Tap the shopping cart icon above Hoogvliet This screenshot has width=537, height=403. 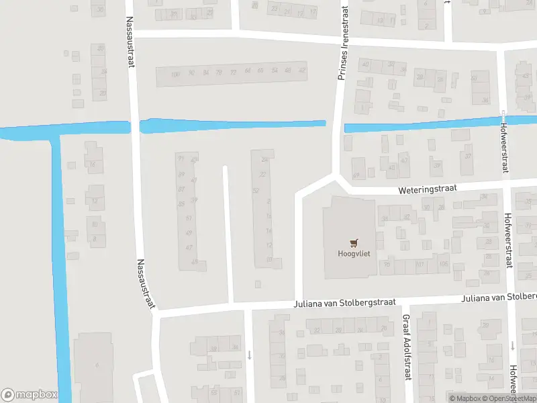(353, 242)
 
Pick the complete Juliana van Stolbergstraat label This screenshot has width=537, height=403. (344, 303)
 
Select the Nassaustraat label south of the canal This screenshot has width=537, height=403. (146, 284)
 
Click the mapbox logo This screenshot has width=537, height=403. (29, 395)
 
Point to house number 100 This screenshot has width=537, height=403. (176, 73)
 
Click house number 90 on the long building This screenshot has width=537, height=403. (191, 73)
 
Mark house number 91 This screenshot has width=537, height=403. (181, 159)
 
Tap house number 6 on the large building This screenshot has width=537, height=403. (97, 365)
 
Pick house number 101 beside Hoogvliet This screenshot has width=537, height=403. (420, 264)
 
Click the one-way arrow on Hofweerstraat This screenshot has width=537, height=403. (511, 346)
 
